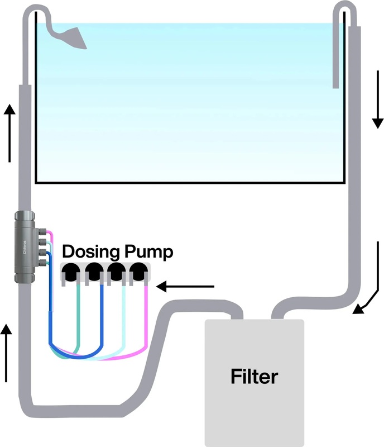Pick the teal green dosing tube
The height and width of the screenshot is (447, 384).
tap(80, 318)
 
